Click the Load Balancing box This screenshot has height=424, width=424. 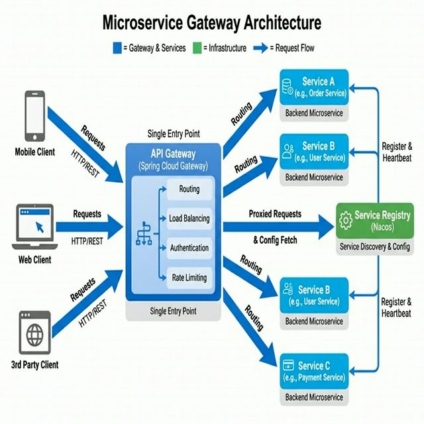point(189,219)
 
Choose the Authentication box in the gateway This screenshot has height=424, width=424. point(189,248)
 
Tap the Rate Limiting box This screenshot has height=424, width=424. point(189,278)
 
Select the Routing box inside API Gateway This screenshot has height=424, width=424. point(189,189)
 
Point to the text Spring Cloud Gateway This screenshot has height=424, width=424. point(174,166)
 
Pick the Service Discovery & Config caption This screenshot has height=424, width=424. point(375,246)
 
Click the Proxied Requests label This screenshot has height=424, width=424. point(275,214)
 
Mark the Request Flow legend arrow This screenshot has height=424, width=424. point(260,47)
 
